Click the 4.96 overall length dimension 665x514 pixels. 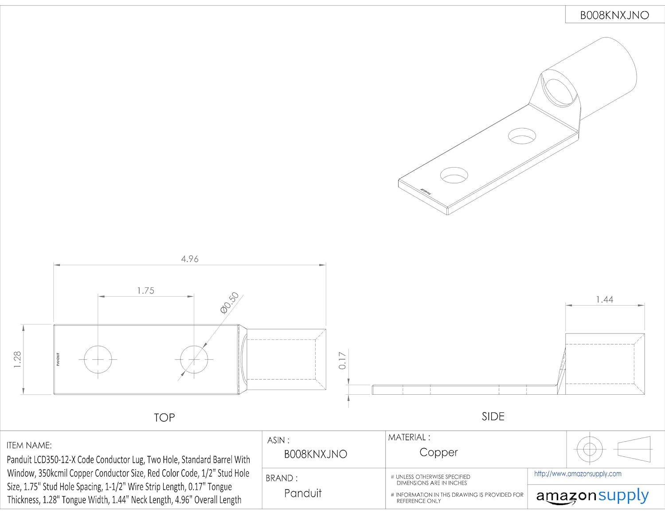[190, 259]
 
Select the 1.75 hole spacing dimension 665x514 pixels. [146, 290]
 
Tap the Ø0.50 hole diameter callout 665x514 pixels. [230, 303]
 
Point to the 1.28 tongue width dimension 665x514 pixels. [17, 359]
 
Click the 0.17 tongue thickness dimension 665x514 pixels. [342, 361]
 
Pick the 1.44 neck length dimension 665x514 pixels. [604, 299]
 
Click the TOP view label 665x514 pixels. [164, 418]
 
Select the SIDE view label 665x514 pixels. [493, 416]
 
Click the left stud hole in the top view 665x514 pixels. [98, 359]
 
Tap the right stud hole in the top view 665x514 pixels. [194, 359]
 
